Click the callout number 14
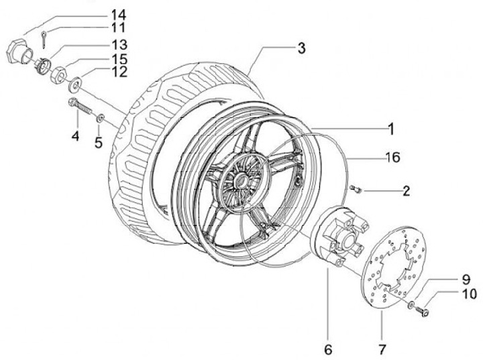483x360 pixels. (x=118, y=15)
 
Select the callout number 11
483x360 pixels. (x=118, y=27)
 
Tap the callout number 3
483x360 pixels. (x=301, y=48)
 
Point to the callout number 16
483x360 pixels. (x=392, y=157)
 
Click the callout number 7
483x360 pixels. (x=382, y=349)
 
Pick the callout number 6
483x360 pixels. (x=328, y=349)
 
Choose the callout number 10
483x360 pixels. (x=469, y=294)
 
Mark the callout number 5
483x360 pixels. (x=98, y=143)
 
